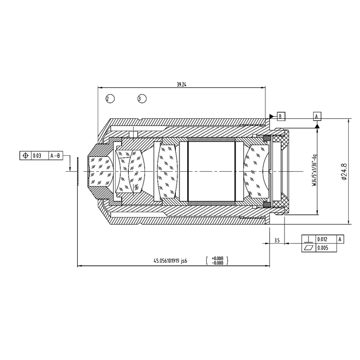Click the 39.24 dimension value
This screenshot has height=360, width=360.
click(182, 84)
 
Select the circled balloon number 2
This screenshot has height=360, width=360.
click(110, 99)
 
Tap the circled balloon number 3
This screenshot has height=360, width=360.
click(142, 99)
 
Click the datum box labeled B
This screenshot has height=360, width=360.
click(281, 116)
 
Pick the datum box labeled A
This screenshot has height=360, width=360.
click(317, 116)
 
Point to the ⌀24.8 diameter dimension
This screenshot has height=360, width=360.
click(344, 171)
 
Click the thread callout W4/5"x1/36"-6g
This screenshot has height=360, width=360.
click(314, 170)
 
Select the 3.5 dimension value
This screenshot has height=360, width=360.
click(277, 240)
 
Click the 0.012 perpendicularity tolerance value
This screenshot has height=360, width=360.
click(322, 239)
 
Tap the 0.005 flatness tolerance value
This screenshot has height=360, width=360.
click(322, 248)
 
